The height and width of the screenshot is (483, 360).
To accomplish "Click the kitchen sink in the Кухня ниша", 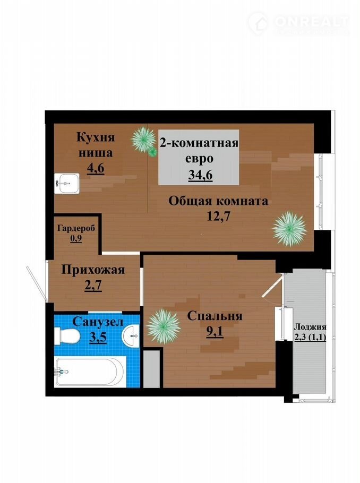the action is (67, 183).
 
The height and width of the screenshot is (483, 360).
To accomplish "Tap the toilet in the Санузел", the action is (67, 335).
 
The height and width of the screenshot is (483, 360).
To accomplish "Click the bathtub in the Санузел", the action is (90, 372).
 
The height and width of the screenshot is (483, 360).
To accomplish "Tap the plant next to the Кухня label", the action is (144, 141).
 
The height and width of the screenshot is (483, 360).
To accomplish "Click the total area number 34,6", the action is (200, 175).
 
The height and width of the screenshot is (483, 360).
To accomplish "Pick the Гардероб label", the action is (76, 229).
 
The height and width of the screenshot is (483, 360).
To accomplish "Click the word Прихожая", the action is (93, 270).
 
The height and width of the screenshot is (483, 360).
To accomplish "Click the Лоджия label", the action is (310, 327).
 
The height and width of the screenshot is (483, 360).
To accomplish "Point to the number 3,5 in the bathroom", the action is (98, 337).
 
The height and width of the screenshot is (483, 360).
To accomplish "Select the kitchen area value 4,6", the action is (96, 168).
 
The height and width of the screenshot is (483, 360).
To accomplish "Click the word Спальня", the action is (215, 316).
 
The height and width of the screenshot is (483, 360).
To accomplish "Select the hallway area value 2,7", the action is (93, 285).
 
